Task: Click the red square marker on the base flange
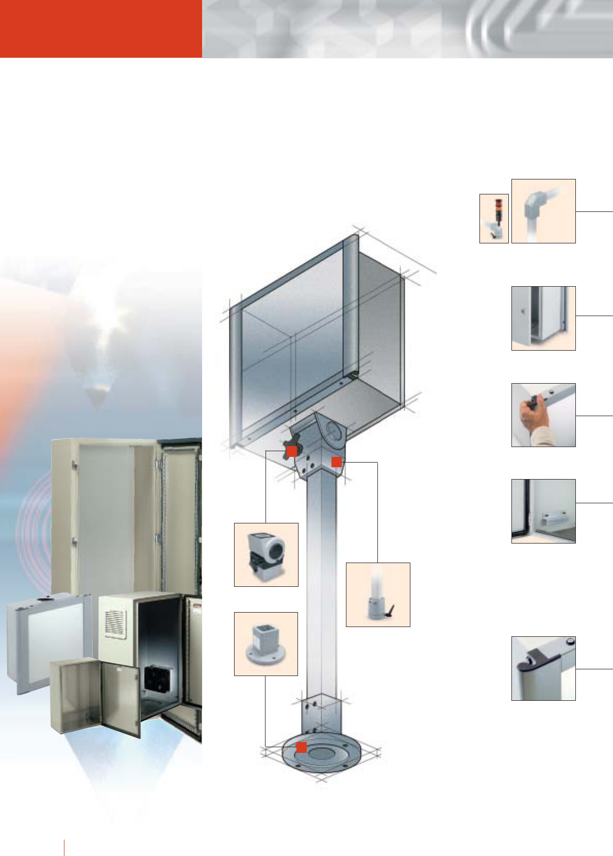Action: (x=302, y=747)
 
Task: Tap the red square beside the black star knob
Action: (x=291, y=451)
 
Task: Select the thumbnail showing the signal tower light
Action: (x=494, y=218)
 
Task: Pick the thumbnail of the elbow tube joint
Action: (x=543, y=211)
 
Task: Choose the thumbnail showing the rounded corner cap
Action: (x=543, y=668)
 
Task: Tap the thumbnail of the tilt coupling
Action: (x=266, y=554)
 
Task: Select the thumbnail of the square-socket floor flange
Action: (x=266, y=644)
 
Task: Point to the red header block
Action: (x=101, y=28)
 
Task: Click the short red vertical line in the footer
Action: (x=64, y=847)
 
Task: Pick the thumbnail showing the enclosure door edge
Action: (x=543, y=318)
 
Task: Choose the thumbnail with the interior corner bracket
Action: (x=543, y=511)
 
